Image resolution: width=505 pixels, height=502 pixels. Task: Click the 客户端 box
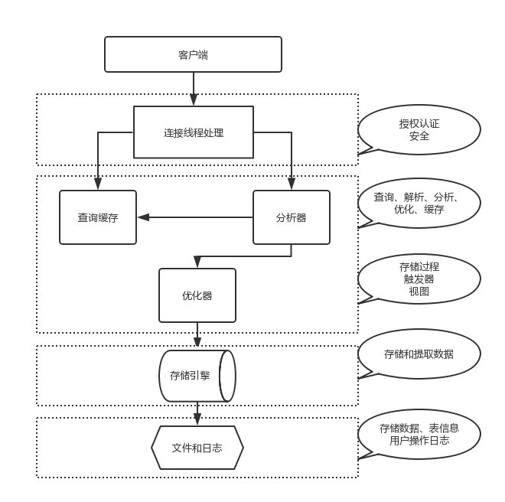tap(194, 54)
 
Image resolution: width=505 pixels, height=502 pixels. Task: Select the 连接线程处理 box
tap(194, 132)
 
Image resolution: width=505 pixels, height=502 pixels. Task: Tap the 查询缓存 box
tap(98, 217)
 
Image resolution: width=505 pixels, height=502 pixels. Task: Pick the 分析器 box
tap(291, 217)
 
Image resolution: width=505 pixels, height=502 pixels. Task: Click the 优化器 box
tap(197, 295)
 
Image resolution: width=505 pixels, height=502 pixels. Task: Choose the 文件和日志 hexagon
tap(197, 446)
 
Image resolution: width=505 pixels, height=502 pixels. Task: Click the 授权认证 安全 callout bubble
tap(419, 130)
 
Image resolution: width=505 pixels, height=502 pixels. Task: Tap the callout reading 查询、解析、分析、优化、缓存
tap(419, 204)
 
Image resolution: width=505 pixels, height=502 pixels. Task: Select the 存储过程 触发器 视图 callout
tap(419, 279)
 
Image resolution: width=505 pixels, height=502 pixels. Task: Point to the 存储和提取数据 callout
tap(419, 354)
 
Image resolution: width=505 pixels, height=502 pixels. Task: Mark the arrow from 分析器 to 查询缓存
tap(196, 217)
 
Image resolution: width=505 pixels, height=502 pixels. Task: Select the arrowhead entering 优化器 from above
tap(197, 263)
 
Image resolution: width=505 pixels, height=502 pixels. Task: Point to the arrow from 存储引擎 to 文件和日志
tap(197, 412)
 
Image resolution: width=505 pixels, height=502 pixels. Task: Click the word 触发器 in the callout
tap(419, 279)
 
